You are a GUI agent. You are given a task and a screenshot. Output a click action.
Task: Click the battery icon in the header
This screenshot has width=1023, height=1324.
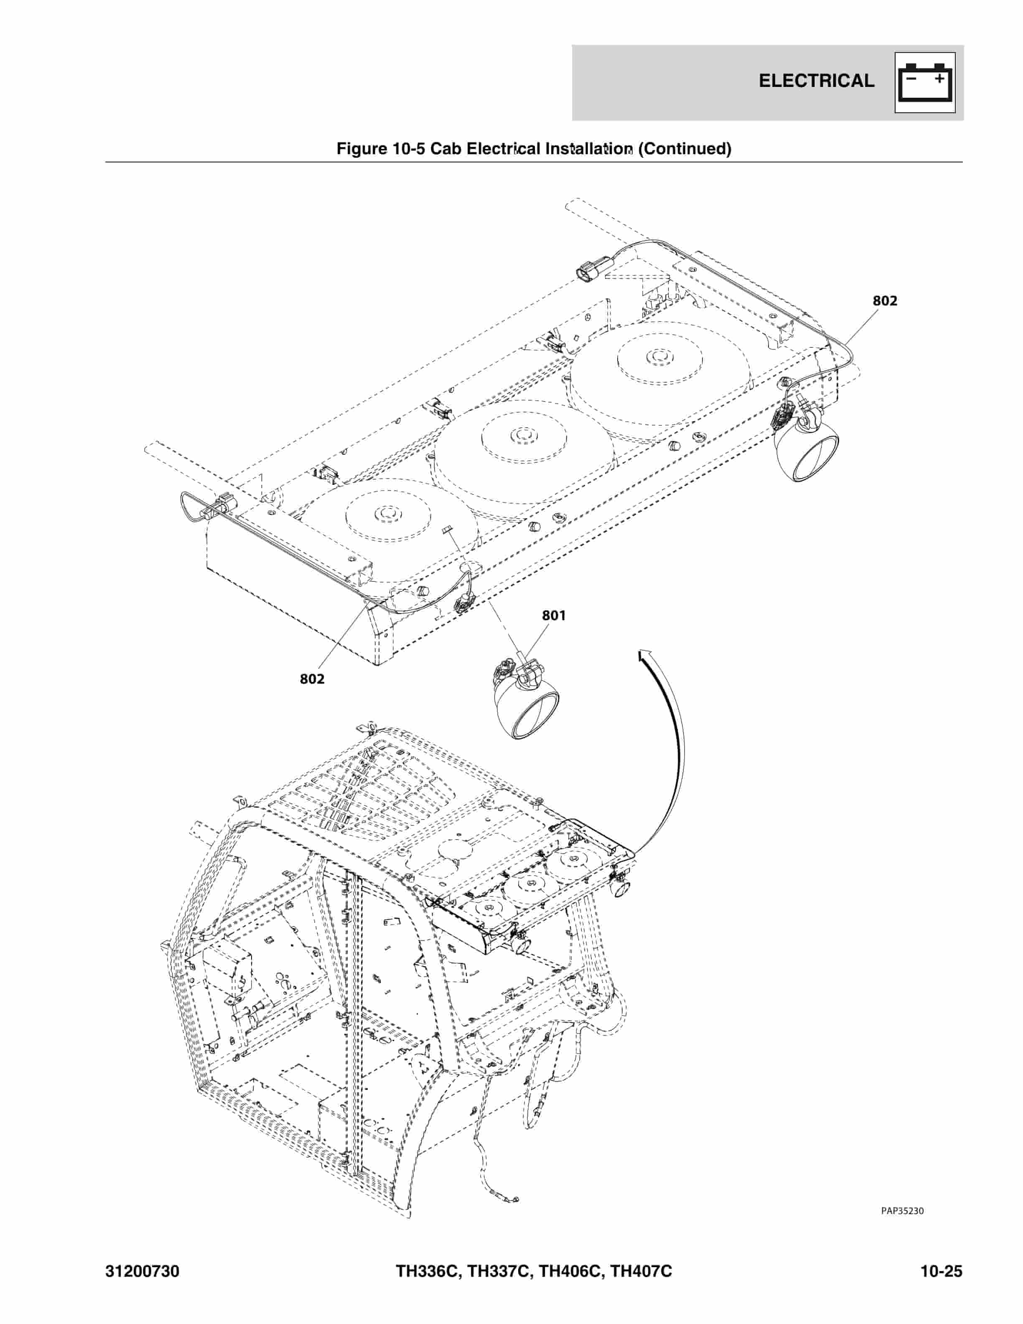pos(925,82)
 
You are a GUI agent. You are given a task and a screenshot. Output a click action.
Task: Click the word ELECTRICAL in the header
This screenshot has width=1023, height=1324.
pos(816,81)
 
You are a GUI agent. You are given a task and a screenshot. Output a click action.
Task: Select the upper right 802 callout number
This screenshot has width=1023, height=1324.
pos(885,300)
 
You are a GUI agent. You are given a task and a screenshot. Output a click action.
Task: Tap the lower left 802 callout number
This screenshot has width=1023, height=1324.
pos(312,679)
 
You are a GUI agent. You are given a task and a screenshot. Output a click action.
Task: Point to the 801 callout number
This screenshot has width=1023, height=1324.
pos(553,615)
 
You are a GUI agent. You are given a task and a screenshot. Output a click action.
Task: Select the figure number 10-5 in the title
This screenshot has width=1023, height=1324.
pos(408,148)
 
